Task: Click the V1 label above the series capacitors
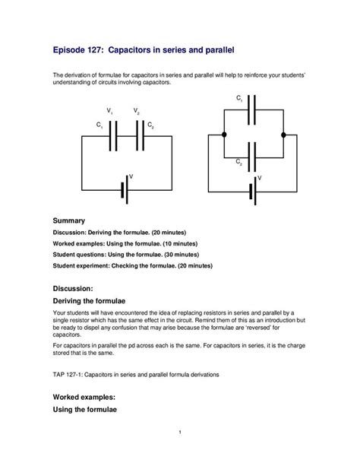coord(111,112)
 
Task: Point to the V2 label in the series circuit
coord(137,112)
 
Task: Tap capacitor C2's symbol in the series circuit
coord(137,136)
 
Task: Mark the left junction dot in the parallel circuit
coord(223,135)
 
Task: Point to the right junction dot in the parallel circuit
coord(283,135)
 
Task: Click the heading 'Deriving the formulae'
coord(93,302)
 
